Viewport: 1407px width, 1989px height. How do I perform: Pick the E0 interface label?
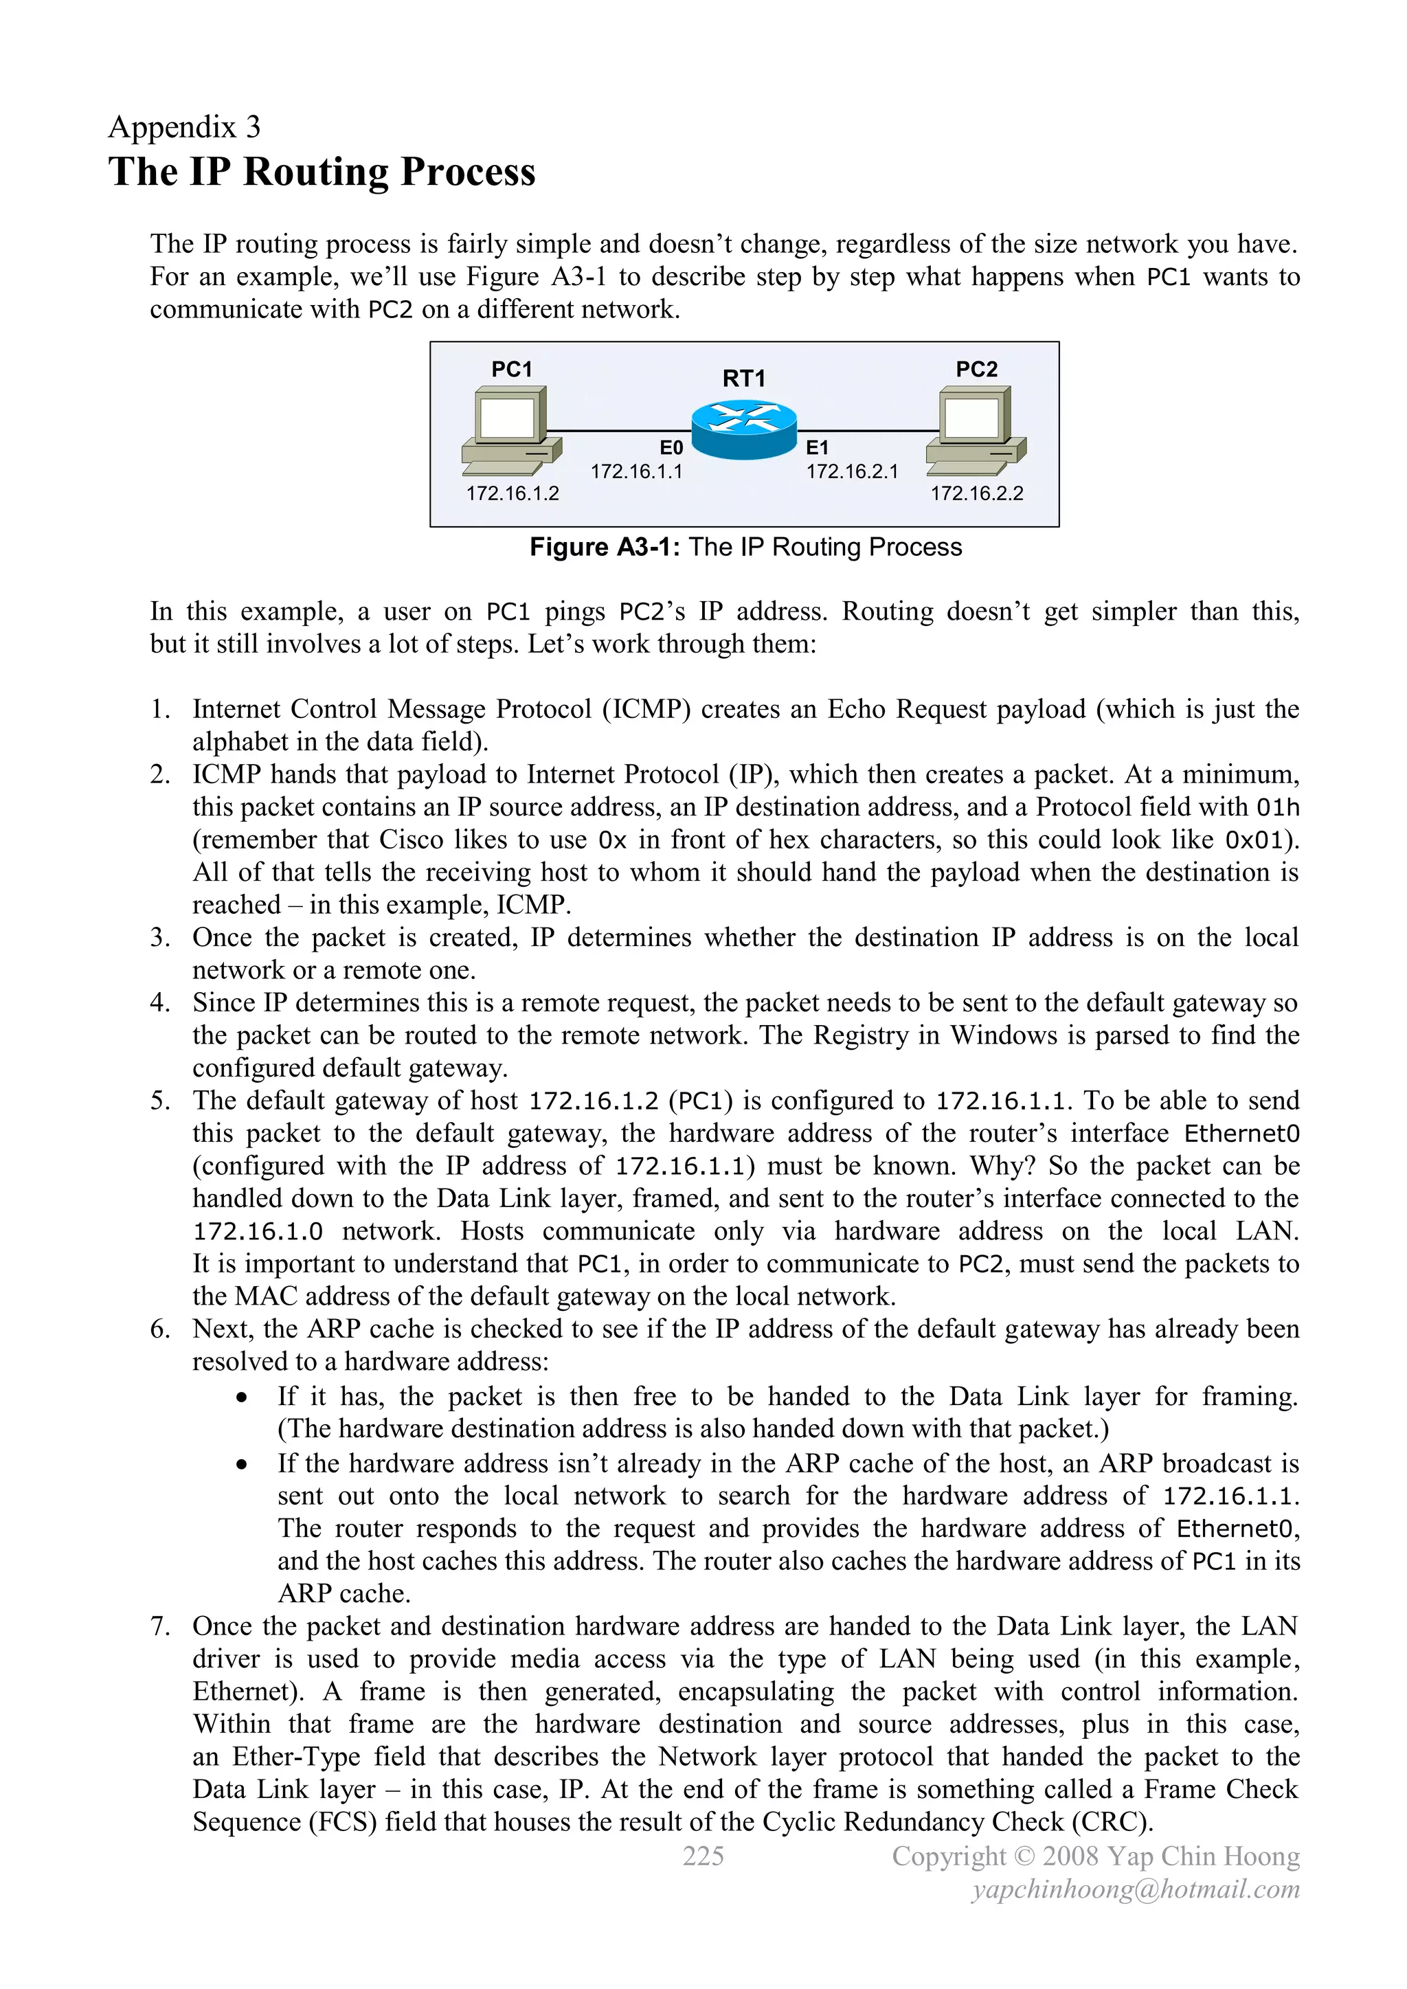671,448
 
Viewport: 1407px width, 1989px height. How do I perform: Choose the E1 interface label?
817,448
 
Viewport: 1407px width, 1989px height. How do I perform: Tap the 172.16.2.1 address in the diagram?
852,471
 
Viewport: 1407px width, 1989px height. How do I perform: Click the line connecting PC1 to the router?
620,429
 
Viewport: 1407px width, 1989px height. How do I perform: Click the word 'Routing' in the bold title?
315,172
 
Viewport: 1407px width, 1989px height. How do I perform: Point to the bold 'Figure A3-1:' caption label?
605,548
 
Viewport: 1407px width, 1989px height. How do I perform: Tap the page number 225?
703,1856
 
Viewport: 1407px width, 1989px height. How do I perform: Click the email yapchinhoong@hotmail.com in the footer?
1135,1889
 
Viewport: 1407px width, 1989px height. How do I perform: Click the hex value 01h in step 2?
1277,807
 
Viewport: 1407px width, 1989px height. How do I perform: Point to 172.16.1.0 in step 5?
258,1231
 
